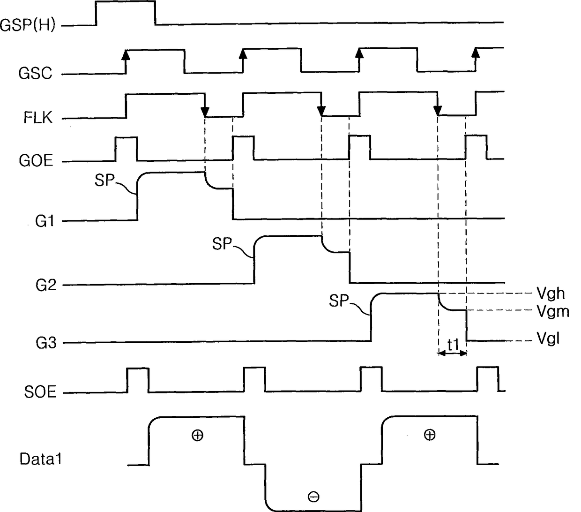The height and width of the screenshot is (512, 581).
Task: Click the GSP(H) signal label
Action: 28,25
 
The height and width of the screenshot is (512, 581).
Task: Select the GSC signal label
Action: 36,74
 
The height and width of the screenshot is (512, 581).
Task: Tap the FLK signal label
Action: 38,117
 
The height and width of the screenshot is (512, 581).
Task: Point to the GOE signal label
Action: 36,161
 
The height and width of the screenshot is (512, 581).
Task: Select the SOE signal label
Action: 40,392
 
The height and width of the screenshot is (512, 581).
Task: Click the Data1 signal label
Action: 41,459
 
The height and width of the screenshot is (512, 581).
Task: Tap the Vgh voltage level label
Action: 551,294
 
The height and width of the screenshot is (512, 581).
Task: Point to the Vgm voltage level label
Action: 552,311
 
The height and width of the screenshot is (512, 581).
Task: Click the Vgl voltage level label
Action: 547,338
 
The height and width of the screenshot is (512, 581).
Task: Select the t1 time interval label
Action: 453,345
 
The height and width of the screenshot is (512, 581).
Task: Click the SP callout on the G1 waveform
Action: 104,180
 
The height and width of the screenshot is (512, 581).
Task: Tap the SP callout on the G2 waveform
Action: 222,244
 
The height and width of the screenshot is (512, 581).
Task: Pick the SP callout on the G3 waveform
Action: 339,301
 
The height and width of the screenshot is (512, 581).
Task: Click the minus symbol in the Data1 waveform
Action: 313,497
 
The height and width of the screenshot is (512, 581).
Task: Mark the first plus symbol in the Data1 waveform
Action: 197,436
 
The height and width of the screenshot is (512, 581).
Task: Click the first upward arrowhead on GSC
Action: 126,55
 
